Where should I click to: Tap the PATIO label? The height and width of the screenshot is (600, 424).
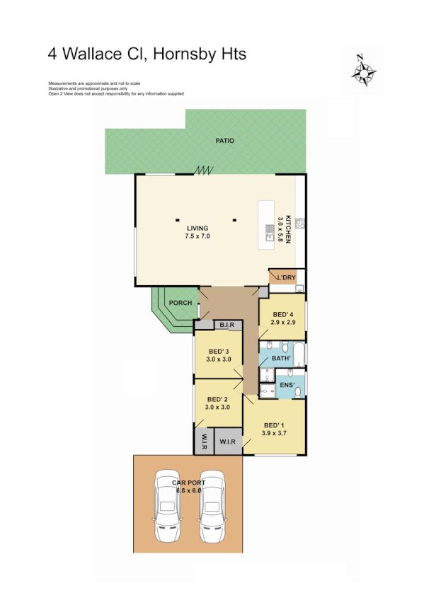(x=225, y=141)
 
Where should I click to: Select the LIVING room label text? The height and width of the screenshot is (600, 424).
(x=197, y=229)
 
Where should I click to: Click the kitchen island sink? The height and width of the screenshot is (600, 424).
(x=270, y=232)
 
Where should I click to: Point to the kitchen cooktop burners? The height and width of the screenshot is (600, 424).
(x=300, y=224)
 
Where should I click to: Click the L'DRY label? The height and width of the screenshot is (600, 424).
(x=285, y=277)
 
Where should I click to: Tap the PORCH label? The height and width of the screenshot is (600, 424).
(x=180, y=304)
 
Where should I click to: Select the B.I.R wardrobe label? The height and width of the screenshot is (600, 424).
(x=227, y=325)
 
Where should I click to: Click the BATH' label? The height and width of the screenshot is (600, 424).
(x=281, y=359)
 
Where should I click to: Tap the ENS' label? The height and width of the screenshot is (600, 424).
(x=288, y=386)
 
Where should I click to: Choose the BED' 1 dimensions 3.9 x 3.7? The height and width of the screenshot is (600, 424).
(x=274, y=432)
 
